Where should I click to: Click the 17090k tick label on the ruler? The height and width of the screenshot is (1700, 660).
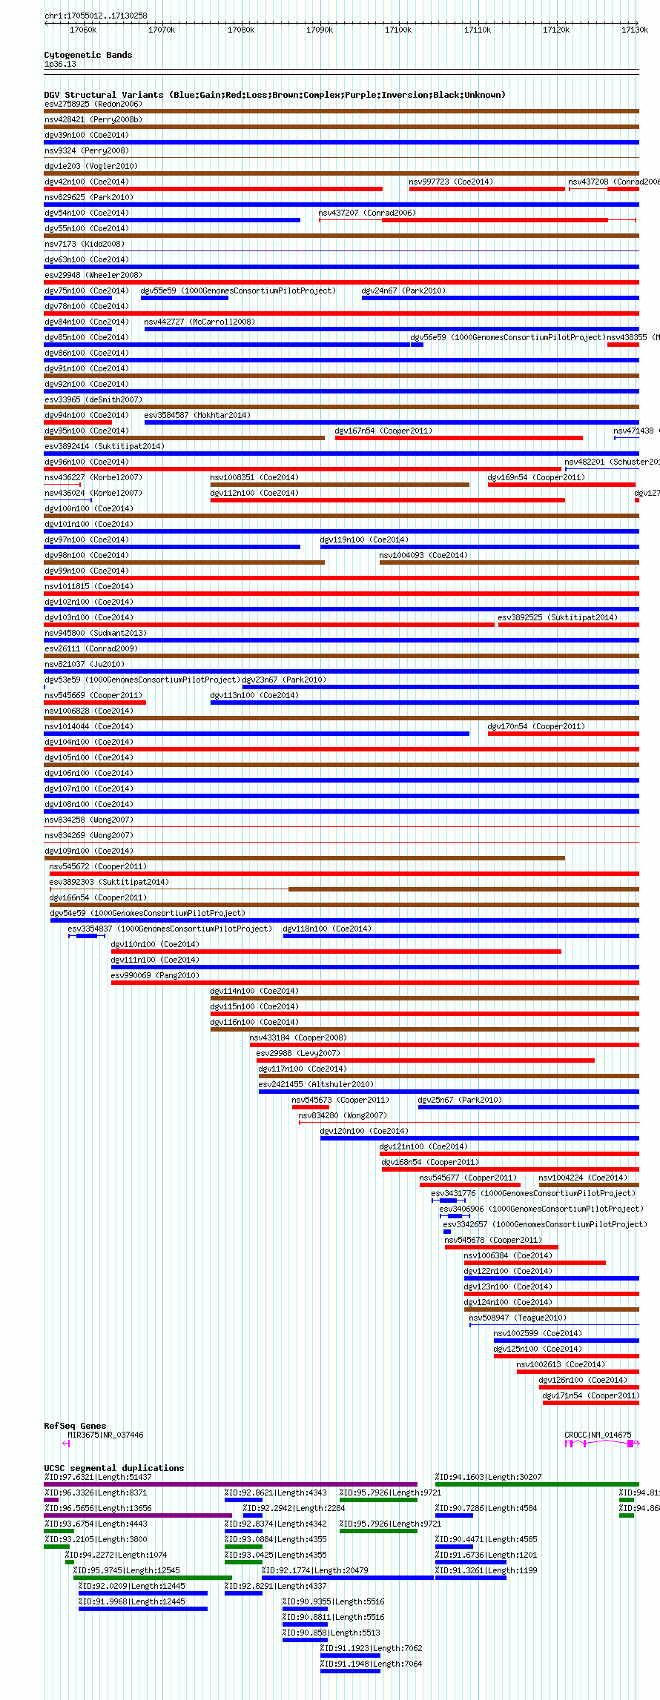(320, 30)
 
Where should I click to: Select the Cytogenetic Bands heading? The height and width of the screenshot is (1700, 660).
(88, 55)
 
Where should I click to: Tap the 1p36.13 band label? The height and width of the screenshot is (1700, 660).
(60, 64)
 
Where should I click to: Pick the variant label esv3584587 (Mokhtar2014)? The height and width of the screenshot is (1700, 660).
(197, 415)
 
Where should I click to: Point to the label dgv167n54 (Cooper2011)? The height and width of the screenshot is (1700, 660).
(383, 431)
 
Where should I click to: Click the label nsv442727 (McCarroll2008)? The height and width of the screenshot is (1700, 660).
(199, 322)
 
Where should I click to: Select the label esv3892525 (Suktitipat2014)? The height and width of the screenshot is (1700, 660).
(557, 617)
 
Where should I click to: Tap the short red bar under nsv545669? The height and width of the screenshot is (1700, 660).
(95, 703)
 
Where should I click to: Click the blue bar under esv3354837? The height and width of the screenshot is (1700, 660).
(86, 936)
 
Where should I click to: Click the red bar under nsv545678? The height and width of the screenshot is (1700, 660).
(501, 1247)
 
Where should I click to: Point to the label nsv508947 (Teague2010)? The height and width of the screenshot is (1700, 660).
(517, 1318)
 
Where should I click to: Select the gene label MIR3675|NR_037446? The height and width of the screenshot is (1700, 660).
(105, 1435)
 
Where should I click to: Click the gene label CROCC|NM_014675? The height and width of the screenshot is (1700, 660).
(598, 1435)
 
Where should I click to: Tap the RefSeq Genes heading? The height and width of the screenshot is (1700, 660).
(75, 1425)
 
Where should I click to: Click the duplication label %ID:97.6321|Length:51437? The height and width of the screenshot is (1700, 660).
(98, 1477)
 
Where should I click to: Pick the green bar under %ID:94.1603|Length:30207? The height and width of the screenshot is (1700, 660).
(536, 1484)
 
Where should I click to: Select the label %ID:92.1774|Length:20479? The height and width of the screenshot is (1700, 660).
(314, 1570)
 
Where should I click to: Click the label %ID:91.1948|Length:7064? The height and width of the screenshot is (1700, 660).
(371, 1664)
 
